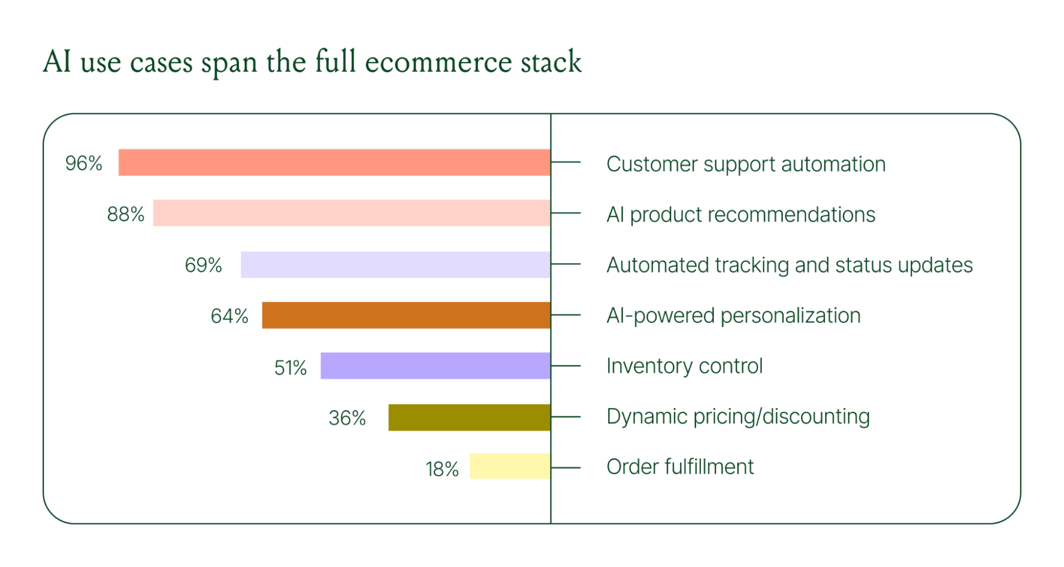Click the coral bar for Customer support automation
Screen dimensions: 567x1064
tap(334, 162)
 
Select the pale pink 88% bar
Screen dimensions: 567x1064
tap(351, 213)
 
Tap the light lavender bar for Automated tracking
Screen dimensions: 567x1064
tap(395, 264)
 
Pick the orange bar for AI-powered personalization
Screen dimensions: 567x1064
tap(406, 315)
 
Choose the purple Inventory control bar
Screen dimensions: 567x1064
tap(435, 365)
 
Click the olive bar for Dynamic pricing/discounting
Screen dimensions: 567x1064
tap(469, 417)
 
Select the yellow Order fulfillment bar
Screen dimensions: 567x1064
tap(509, 466)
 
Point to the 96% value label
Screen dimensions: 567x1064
tap(84, 163)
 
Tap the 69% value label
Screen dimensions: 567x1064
tap(203, 265)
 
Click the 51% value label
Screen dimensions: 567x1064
tap(291, 368)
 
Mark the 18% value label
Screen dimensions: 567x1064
tap(442, 469)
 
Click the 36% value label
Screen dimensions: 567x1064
tap(347, 418)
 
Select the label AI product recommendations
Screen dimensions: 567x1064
tap(740, 215)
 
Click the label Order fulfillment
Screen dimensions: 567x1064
tap(680, 467)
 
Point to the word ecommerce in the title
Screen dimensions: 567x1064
tap(439, 62)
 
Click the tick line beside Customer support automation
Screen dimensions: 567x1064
tap(566, 162)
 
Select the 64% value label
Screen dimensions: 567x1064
tap(229, 316)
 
